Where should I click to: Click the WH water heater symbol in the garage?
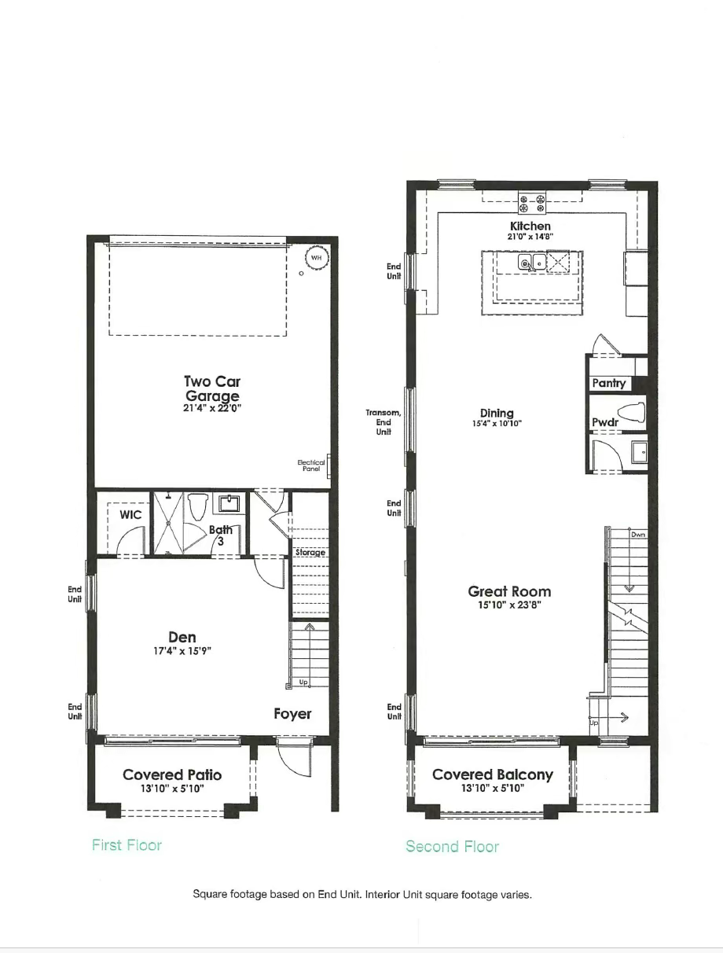coord(316,257)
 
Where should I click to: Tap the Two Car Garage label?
coord(212,388)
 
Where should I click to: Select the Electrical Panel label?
coord(311,465)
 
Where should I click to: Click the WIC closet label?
coord(130,515)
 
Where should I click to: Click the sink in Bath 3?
coord(230,504)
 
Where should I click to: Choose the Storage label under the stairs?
coord(310,553)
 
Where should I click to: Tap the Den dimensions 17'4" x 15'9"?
coord(182,652)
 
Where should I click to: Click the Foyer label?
coord(292,714)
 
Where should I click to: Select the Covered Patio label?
coord(172,775)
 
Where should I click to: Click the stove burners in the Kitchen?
coord(531,203)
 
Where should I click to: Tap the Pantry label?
coord(609,383)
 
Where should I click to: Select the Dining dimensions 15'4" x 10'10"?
coord(497,424)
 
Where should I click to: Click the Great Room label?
coord(509,591)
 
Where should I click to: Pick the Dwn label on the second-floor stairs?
coord(637,535)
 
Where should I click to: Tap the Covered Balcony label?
coord(493,775)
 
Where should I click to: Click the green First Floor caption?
coord(127,845)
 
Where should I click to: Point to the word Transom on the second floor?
coord(384,413)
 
